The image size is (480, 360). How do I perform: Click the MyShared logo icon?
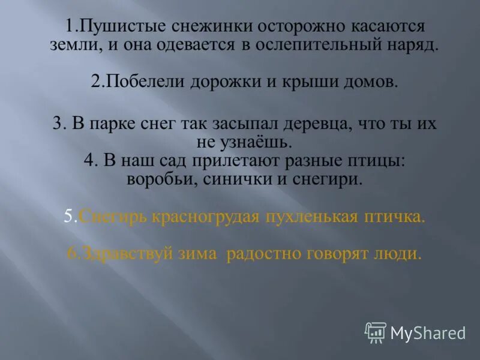(x=375, y=332)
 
